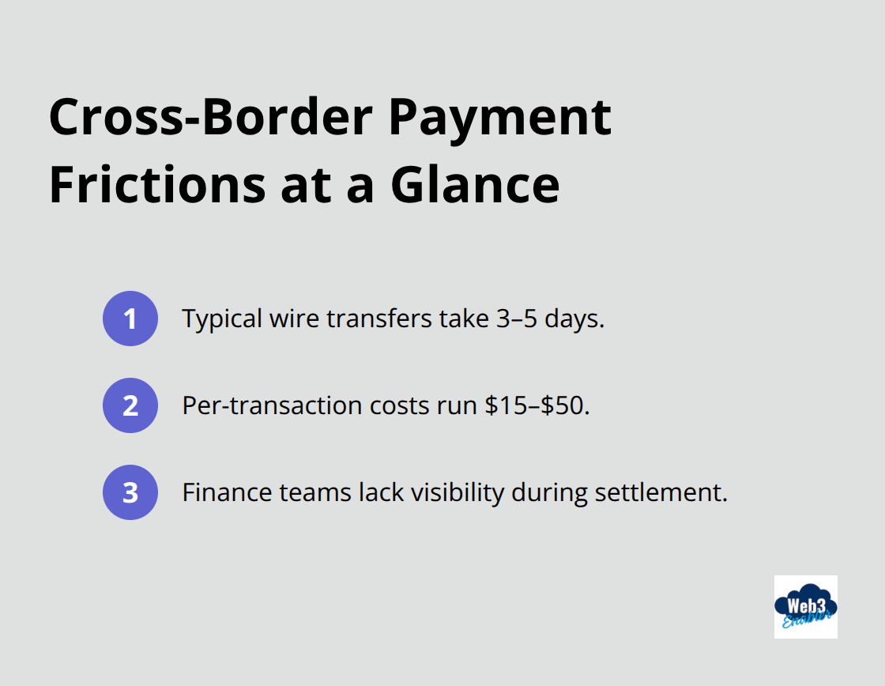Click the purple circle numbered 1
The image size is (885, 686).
click(x=130, y=318)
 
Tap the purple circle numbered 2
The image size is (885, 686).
click(x=130, y=405)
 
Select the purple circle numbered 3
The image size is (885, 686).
click(x=130, y=492)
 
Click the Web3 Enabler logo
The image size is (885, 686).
click(x=805, y=606)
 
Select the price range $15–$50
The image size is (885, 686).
click(x=537, y=405)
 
